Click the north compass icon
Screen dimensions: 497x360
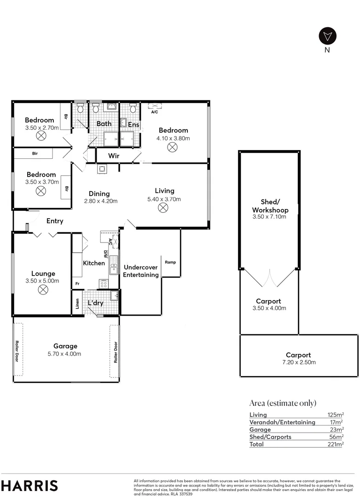pyautogui.click(x=327, y=35)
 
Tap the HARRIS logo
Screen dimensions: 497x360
pyautogui.click(x=29, y=485)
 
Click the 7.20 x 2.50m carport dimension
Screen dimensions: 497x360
pyautogui.click(x=298, y=362)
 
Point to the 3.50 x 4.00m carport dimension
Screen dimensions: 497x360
pyautogui.click(x=269, y=308)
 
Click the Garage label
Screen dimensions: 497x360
pyautogui.click(x=65, y=346)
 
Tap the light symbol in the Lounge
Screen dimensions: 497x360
pyautogui.click(x=43, y=289)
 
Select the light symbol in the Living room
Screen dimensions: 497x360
pyautogui.click(x=163, y=208)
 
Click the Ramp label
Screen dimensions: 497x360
pyautogui.click(x=170, y=262)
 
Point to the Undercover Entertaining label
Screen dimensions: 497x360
pyautogui.click(x=141, y=271)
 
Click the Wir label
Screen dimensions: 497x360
pyautogui.click(x=114, y=156)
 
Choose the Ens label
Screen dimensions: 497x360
pyautogui.click(x=134, y=125)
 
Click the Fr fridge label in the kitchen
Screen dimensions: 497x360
pyautogui.click(x=77, y=284)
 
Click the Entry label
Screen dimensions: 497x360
pyautogui.click(x=55, y=221)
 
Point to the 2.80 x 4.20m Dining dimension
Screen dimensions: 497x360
pyautogui.click(x=100, y=201)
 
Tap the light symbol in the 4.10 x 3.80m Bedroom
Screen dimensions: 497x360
pyautogui.click(x=172, y=147)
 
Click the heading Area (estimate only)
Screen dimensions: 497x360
pyautogui.click(x=283, y=403)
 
